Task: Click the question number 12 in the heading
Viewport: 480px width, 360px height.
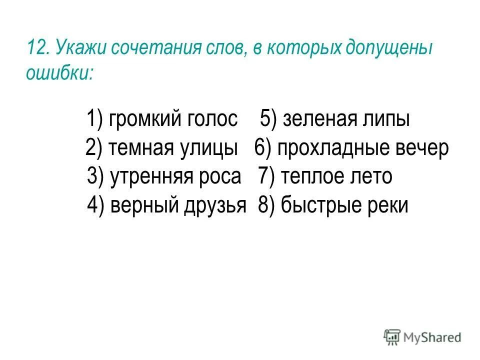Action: click(x=37, y=49)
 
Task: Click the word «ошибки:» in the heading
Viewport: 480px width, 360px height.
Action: click(x=60, y=73)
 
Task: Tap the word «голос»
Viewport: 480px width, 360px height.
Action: click(x=211, y=119)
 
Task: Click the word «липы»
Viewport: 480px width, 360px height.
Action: click(x=385, y=120)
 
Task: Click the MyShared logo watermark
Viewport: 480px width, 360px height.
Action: click(x=423, y=337)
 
